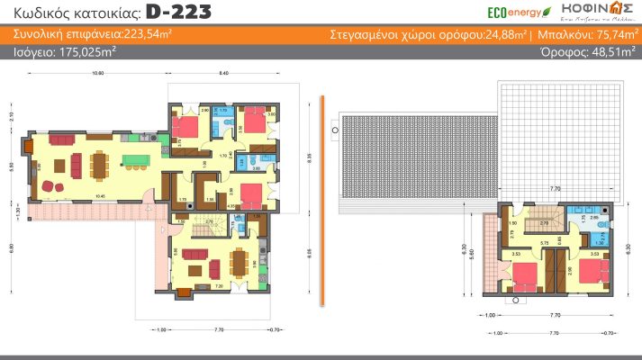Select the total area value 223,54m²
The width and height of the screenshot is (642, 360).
click(147, 35)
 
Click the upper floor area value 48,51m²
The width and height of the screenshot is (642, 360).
click(611, 52)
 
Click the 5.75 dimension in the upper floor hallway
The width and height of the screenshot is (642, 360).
click(545, 243)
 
